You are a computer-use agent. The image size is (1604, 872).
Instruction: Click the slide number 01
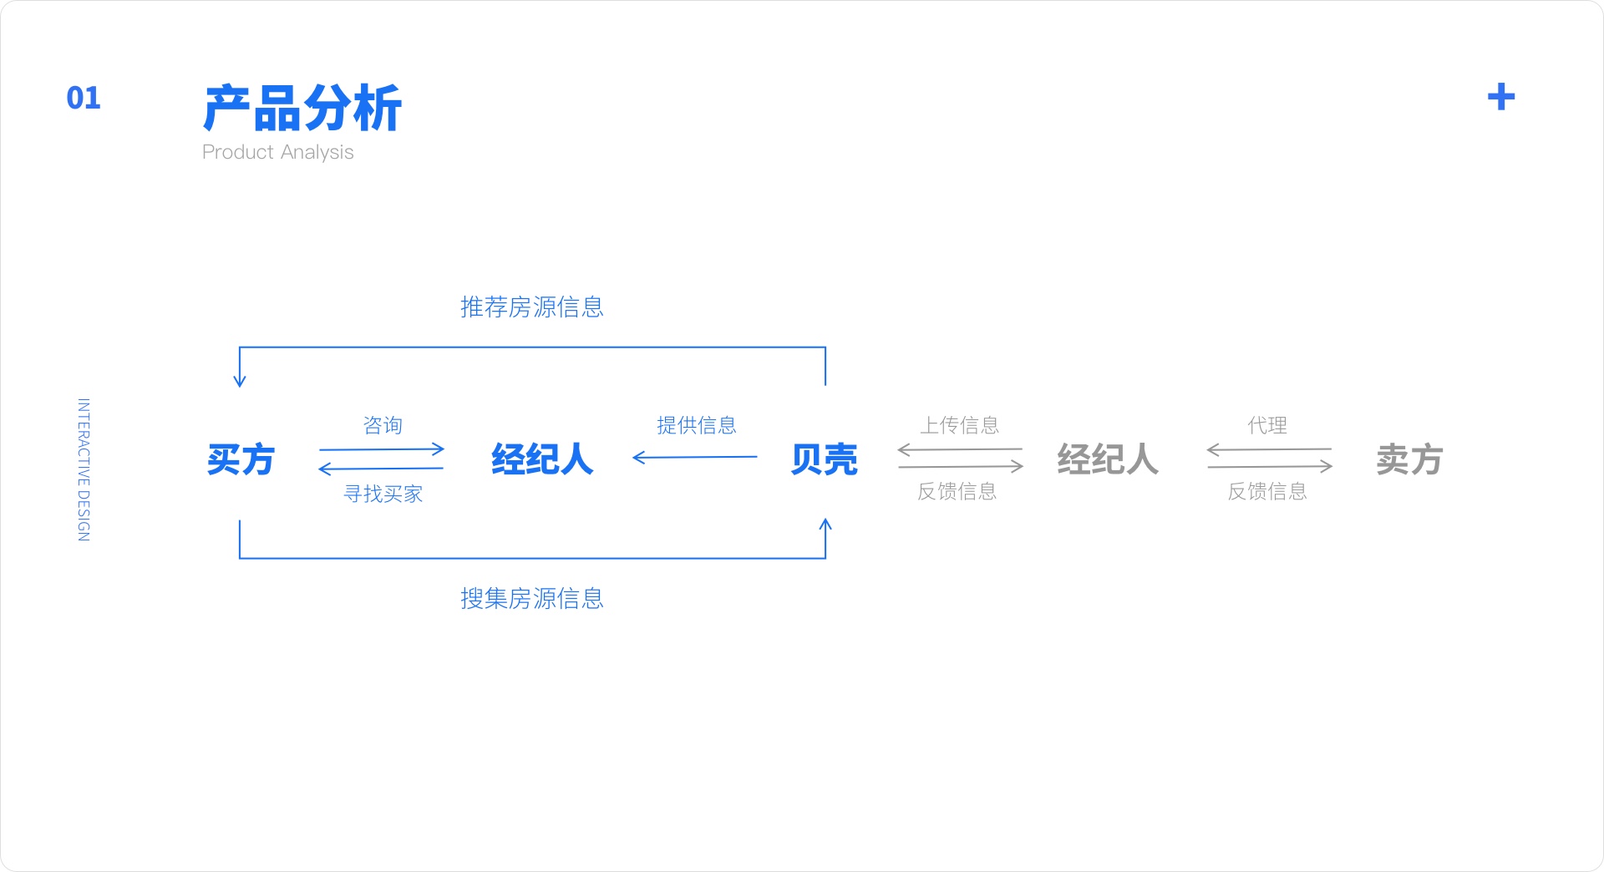[x=84, y=98]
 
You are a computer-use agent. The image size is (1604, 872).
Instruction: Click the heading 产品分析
[x=302, y=108]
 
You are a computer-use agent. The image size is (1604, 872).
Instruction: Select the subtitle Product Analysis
[x=278, y=152]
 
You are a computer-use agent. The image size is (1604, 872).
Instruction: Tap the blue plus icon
[x=1500, y=97]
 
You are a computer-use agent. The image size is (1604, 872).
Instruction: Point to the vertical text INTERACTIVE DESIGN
[x=84, y=469]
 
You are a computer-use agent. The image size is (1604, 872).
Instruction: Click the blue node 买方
[x=241, y=459]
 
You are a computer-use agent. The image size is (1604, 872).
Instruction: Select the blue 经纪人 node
[x=542, y=459]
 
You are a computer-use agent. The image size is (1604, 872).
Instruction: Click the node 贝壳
[x=825, y=459]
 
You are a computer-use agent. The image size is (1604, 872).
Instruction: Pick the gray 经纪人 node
[x=1108, y=459]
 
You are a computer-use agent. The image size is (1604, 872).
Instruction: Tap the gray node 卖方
[x=1409, y=459]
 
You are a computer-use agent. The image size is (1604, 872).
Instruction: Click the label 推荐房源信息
[x=532, y=307]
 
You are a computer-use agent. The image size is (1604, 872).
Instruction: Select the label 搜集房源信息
[x=532, y=598]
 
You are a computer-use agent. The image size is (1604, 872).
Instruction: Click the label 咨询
[x=383, y=425]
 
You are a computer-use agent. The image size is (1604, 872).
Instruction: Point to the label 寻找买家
[x=383, y=494]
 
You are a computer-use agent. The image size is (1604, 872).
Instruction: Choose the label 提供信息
[x=697, y=425]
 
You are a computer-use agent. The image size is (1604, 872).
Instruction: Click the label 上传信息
[x=960, y=425]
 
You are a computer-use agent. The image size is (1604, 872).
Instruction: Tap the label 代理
[x=1267, y=425]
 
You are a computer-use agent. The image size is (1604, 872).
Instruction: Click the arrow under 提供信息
[x=695, y=457]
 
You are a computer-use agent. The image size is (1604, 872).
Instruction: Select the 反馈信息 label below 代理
[x=1267, y=491]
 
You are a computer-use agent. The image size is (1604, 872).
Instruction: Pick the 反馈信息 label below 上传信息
[x=957, y=491]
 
